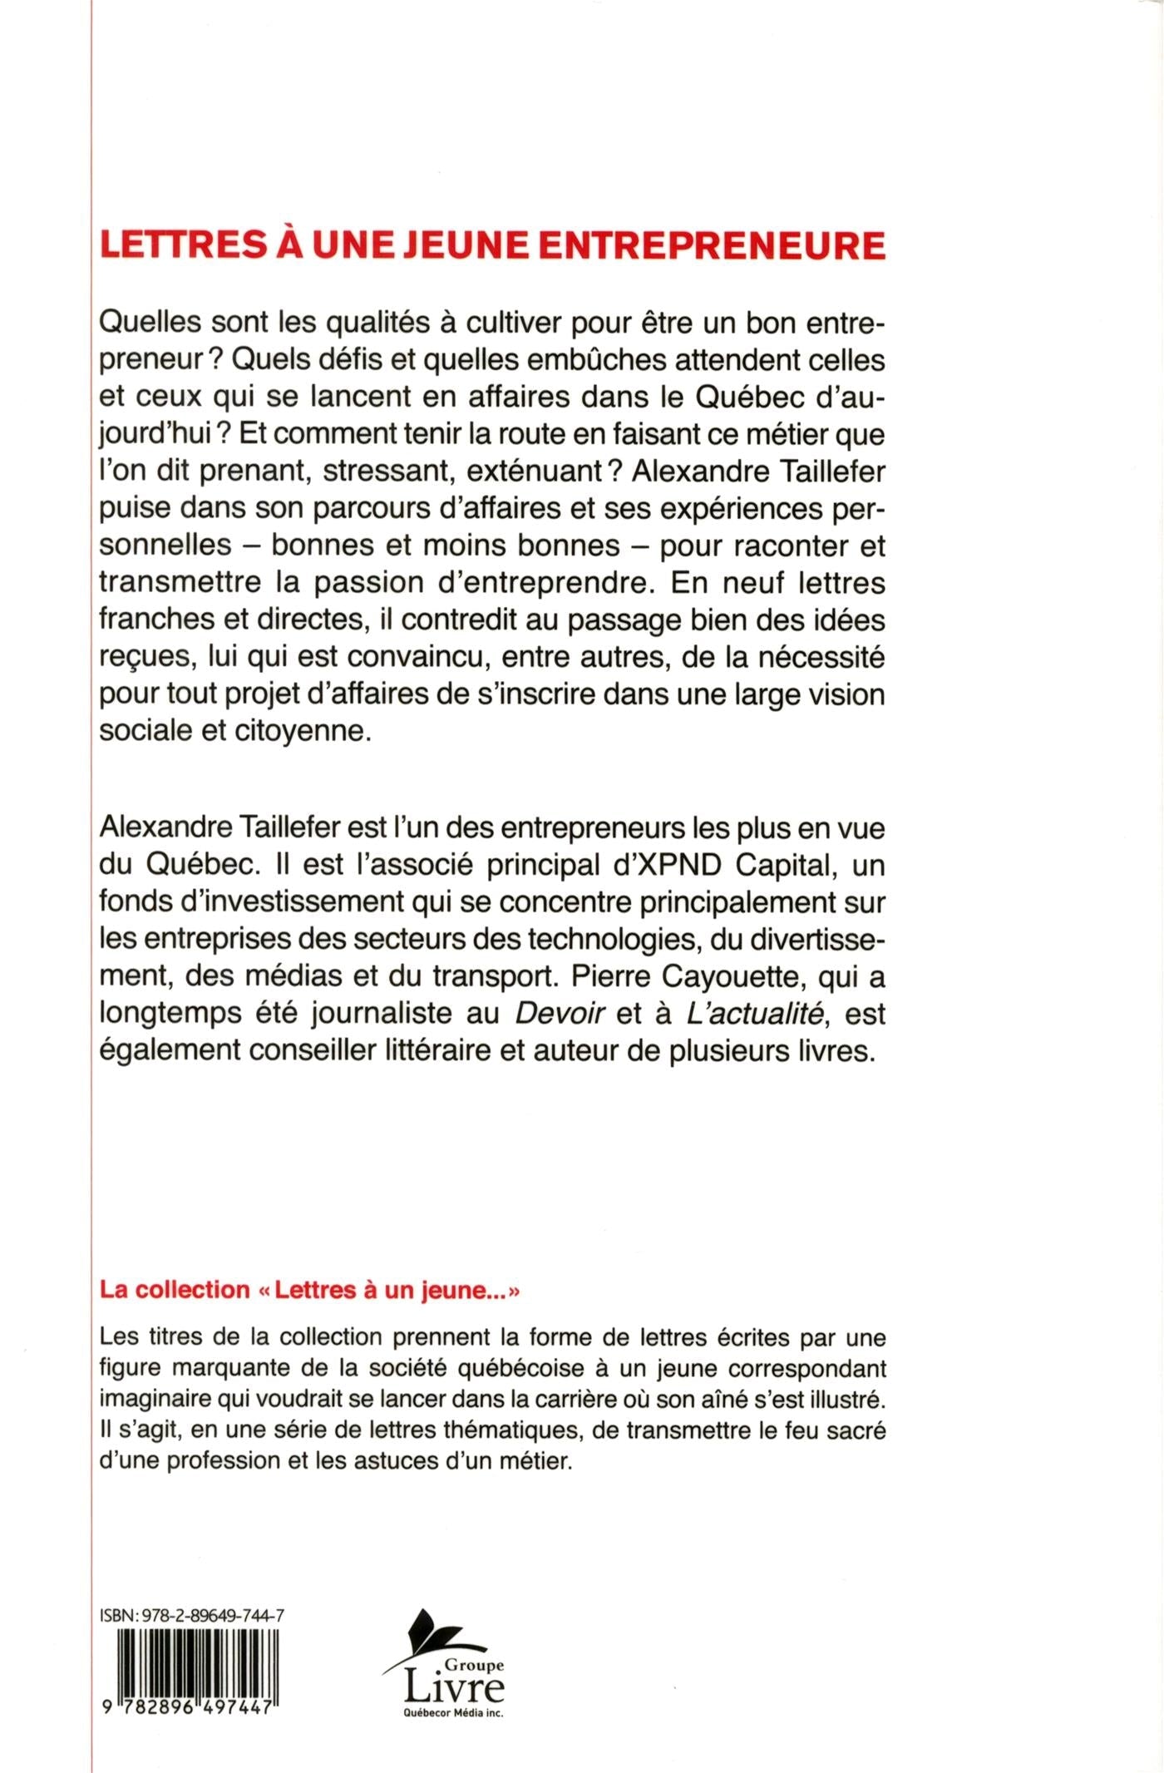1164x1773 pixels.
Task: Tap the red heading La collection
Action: click(x=175, y=1290)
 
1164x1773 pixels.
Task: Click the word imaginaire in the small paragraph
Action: click(x=153, y=1399)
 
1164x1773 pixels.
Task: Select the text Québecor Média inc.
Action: click(x=453, y=1713)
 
